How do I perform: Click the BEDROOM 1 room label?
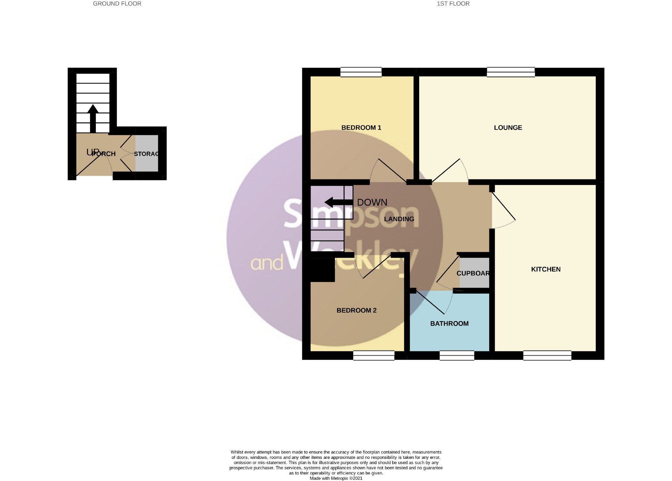click(x=361, y=128)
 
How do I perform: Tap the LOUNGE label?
click(x=508, y=128)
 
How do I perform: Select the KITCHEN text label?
click(x=546, y=269)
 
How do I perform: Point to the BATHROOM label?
click(x=449, y=324)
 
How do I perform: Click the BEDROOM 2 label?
click(x=356, y=310)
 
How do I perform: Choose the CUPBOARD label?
click(x=473, y=273)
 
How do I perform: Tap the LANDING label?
click(x=399, y=219)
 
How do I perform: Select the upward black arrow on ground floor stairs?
click(x=93, y=118)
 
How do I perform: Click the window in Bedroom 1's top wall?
click(x=361, y=72)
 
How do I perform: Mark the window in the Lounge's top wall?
click(x=510, y=72)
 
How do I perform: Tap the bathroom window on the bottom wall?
click(x=457, y=356)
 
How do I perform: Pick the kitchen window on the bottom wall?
click(x=547, y=356)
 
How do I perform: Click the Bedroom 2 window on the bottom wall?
click(x=374, y=356)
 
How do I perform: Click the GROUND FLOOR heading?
click(x=117, y=4)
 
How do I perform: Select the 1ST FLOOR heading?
click(x=453, y=4)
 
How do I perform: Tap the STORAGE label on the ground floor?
click(x=146, y=154)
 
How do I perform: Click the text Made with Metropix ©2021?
click(x=336, y=478)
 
